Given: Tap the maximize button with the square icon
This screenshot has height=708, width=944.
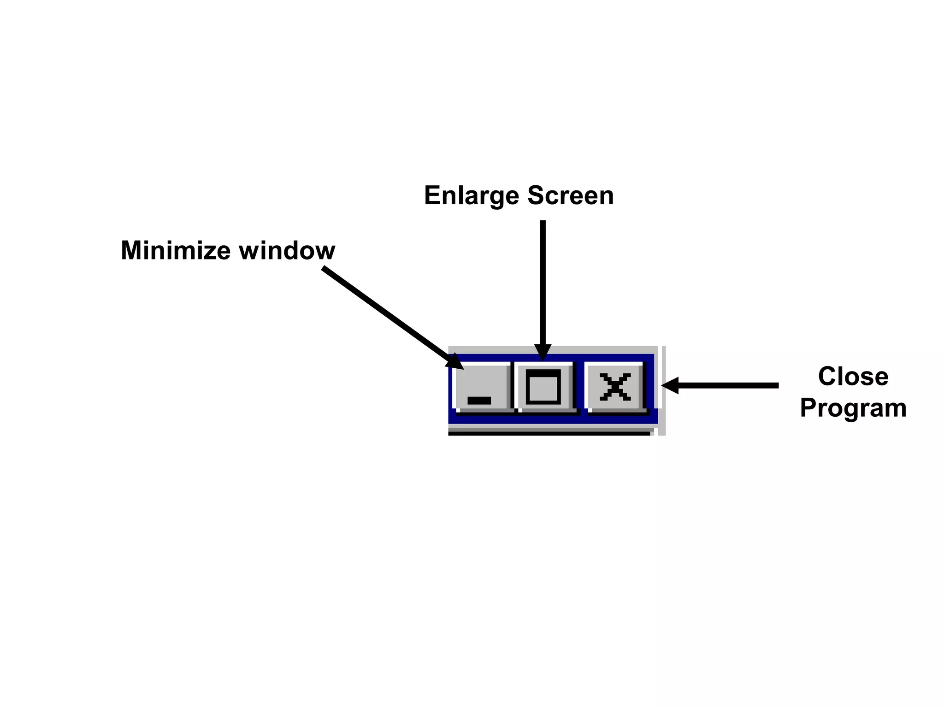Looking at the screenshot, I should click(544, 386).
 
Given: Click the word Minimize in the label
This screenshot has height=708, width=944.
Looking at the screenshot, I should click(175, 250).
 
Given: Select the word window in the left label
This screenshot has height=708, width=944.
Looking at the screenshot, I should click(287, 250).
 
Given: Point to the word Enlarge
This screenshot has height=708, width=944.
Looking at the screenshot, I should click(472, 195).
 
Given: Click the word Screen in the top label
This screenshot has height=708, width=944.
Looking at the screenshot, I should click(571, 195).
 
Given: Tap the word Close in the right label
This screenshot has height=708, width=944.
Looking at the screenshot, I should click(853, 376).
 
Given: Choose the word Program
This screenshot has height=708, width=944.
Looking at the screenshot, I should click(853, 408).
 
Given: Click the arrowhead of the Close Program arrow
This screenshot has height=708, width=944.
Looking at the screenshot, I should click(670, 385).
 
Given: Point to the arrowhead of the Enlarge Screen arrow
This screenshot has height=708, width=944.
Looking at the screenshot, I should click(543, 353).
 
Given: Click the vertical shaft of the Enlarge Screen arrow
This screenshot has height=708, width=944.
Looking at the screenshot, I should click(543, 281).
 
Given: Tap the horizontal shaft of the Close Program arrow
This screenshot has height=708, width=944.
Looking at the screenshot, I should click(728, 385).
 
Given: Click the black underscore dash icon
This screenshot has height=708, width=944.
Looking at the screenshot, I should click(479, 400).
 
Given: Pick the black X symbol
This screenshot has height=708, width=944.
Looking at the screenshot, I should click(615, 387).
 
